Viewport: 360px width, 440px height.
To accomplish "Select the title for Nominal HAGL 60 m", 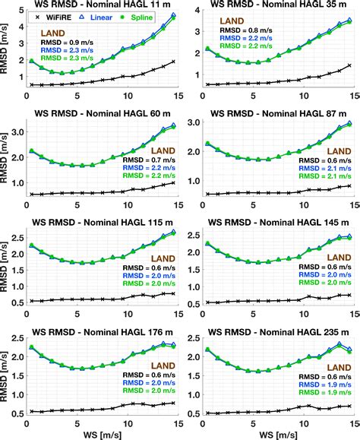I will (x=103, y=113).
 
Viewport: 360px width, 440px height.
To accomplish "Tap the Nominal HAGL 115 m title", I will (x=103, y=221).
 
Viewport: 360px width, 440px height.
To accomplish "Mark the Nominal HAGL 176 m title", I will (x=103, y=329).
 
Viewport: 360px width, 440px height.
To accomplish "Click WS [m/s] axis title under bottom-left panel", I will (x=103, y=434).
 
